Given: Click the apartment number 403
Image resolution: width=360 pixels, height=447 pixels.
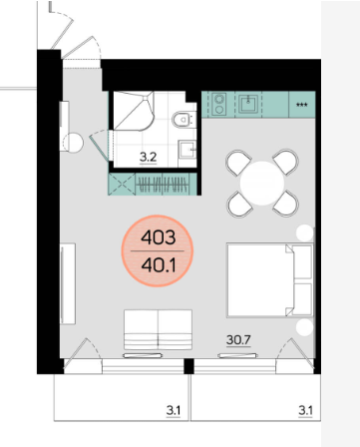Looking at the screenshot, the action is pos(159,237).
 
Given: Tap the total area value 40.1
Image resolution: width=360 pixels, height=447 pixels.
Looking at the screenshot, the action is pos(159,265).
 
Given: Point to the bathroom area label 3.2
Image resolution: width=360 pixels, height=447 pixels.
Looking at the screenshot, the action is pos(148,157).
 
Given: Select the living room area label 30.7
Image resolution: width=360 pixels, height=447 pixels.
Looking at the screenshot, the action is pos(238,340).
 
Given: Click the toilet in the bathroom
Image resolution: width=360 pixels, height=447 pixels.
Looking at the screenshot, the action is pos(183,120).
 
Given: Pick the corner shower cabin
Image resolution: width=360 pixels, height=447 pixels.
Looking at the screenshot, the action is pos(134,111).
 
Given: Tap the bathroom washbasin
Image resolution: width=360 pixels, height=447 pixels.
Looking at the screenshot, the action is pos(187,150).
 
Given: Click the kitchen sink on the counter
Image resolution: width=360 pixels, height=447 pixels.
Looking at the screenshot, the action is pos(248,104).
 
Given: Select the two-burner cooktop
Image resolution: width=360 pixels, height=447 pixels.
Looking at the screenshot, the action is pos(219,104).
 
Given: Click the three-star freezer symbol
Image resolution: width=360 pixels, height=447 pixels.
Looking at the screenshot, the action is pos(302,105).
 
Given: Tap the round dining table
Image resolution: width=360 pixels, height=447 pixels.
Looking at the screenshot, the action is pos(262,183).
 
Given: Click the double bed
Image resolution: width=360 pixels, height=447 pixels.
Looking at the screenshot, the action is pos(270,280).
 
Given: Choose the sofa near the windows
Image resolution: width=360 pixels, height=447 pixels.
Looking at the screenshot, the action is pos(159,329).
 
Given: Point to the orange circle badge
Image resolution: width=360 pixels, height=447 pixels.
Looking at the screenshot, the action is pos(158,251).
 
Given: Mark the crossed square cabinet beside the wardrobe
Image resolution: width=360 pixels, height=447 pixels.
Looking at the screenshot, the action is pos(122,184).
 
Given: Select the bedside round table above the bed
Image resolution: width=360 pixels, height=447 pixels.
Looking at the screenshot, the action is pos(305,232).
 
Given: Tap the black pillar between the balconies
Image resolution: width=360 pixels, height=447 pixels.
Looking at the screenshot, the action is pos(188,366).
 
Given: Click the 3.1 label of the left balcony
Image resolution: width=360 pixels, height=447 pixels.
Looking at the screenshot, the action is pos(174,411).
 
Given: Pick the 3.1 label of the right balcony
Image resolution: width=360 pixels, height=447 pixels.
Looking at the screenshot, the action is pos(305,411).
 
